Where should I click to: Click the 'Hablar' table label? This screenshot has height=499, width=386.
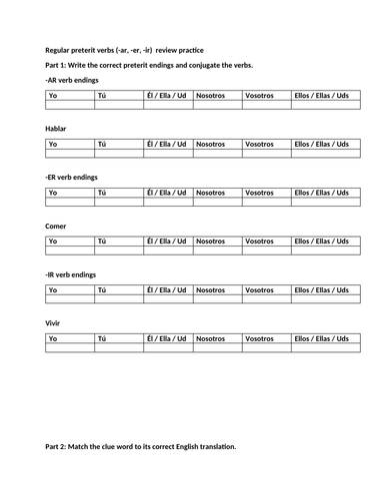pyautogui.click(x=56, y=129)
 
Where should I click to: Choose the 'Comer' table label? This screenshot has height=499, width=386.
pyautogui.click(x=56, y=226)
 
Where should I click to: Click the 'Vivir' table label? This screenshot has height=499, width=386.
pyautogui.click(x=55, y=322)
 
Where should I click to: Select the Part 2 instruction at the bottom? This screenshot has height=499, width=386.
pyautogui.click(x=141, y=445)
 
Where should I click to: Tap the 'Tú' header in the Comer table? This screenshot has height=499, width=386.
pyautogui.click(x=101, y=241)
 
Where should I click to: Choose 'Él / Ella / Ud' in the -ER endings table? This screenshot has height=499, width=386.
pyautogui.click(x=166, y=192)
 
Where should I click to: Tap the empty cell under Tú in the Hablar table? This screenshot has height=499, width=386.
pyautogui.click(x=118, y=154)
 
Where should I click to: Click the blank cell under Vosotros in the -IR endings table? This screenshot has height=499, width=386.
pyautogui.click(x=267, y=298)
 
